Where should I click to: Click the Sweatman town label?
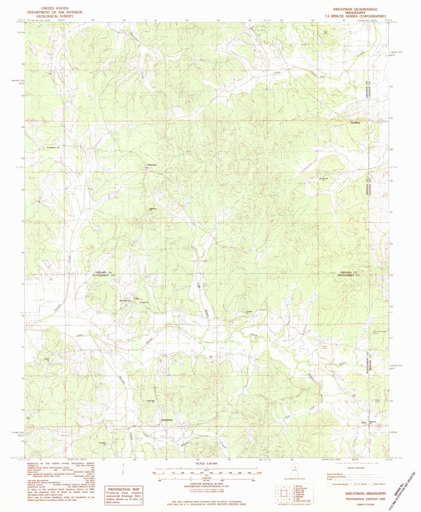167,420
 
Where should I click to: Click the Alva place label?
363,423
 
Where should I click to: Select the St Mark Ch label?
249,312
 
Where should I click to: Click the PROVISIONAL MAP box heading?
124,489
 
